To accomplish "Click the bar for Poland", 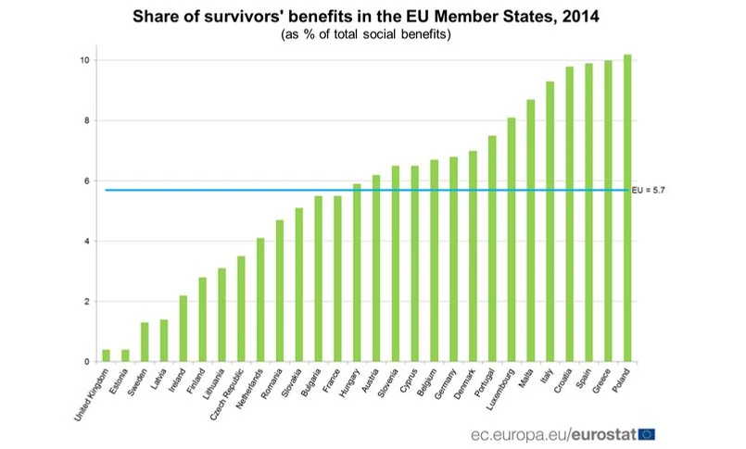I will pos(627,208).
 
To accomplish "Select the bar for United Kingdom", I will pos(107,355).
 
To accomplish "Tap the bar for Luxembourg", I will pos(512,240).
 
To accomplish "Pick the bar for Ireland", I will pos(183,329).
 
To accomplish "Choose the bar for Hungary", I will pos(357,273).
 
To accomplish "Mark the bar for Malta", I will pos(531,231).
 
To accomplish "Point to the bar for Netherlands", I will pos(260,300).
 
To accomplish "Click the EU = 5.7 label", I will pos(650,190).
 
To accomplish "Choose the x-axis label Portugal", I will pos(482,383).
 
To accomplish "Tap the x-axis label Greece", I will pos(599,381).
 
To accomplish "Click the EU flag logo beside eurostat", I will pos(647,433).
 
